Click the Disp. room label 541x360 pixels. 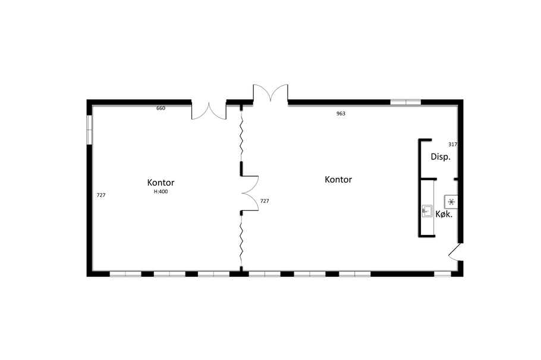coord(441,157)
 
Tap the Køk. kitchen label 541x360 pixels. coord(444,214)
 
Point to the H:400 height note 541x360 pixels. coord(161,192)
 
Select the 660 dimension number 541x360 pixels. coord(161,108)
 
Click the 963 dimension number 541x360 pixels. coord(341,114)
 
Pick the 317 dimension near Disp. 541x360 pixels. coord(452,145)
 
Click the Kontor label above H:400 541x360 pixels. coord(161,183)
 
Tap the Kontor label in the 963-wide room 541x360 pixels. coord(338,179)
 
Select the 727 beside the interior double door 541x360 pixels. coord(265,201)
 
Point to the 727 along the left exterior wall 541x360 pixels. coord(101,195)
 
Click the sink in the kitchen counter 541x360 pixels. coord(427,211)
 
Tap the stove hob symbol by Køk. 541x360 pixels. coord(451,202)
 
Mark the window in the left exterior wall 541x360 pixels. coord(89,130)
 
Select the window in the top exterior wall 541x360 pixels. coord(405,102)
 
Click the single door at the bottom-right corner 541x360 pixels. coord(455,252)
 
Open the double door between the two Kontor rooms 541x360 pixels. coord(250,193)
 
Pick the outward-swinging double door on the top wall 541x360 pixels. coord(270,93)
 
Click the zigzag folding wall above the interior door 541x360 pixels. coord(241,136)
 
